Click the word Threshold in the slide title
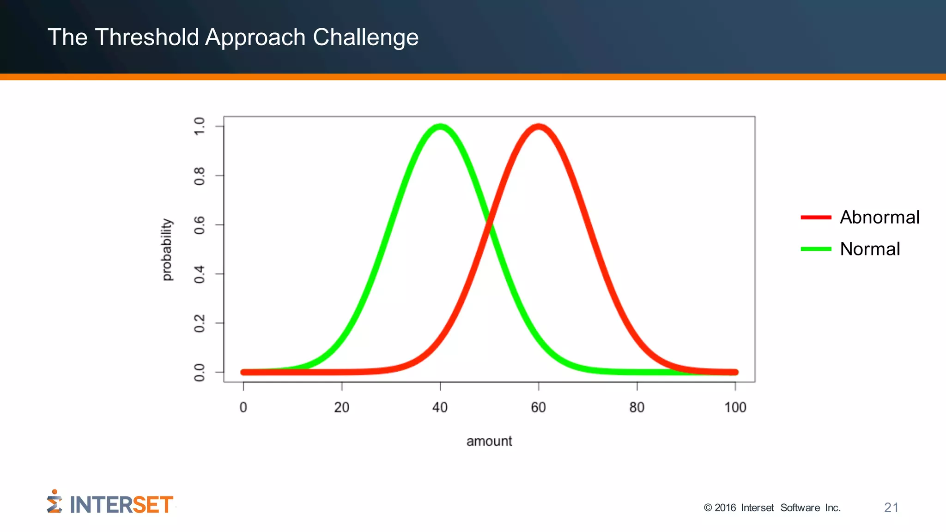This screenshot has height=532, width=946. (x=146, y=37)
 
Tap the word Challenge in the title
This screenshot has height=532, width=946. (x=365, y=38)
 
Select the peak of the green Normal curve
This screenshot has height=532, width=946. (x=440, y=127)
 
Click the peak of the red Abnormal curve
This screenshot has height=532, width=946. (x=539, y=127)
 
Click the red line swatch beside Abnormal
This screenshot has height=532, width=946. (x=816, y=217)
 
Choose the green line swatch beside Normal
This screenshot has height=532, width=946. (x=816, y=249)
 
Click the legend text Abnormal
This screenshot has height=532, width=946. (x=879, y=217)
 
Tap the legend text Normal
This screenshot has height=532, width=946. (x=870, y=249)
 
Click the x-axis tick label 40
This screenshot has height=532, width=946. (x=440, y=407)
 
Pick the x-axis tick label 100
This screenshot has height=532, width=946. (x=735, y=407)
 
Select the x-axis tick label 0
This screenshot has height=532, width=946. (x=243, y=407)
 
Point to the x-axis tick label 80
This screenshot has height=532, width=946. (x=637, y=407)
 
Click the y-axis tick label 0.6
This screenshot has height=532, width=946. (x=199, y=225)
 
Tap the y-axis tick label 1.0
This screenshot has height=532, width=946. (x=199, y=126)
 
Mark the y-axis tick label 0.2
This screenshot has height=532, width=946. (x=199, y=323)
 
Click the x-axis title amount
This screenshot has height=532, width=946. (x=489, y=441)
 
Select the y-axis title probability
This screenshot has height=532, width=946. (x=167, y=249)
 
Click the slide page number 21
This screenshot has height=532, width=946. (x=891, y=508)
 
